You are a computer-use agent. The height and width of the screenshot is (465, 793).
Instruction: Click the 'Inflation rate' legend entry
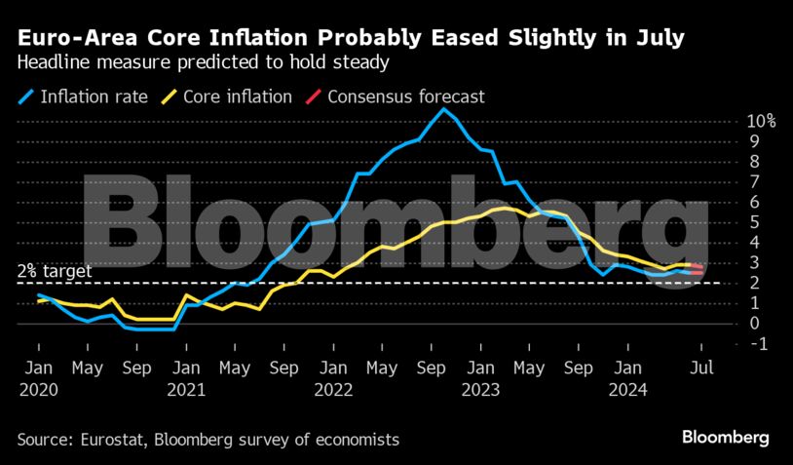pos(94,97)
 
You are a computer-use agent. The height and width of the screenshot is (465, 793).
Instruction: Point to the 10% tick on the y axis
pos(761,122)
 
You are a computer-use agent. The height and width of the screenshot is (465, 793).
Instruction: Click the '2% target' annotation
pos(55,272)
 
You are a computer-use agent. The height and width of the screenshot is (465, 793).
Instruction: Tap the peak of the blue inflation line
pos(444,108)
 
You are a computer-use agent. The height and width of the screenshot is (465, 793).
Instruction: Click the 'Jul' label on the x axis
pos(701,368)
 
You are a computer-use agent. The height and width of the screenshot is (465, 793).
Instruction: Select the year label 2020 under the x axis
pos(38,389)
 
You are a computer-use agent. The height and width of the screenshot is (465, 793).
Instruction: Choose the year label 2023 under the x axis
pos(480,389)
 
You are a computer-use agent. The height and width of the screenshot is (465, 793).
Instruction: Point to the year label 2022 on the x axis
pos(333,389)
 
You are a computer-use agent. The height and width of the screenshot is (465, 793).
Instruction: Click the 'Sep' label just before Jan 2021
pos(136,368)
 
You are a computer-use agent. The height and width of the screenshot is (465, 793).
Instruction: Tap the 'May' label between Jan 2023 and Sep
pos(529,368)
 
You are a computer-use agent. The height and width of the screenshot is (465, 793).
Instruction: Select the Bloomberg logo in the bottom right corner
pos(726,438)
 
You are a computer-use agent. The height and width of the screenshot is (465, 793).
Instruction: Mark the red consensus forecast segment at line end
pos(698,269)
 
